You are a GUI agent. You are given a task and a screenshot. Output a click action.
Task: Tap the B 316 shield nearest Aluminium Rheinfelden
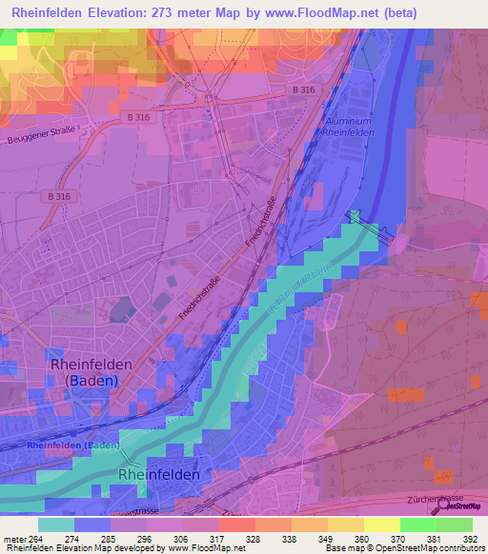click(303, 89)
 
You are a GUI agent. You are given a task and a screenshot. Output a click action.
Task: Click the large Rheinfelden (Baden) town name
click(84, 372)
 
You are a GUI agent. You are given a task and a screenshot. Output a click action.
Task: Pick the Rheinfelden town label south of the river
click(158, 474)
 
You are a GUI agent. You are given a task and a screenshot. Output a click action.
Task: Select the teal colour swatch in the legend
click(56, 524)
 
